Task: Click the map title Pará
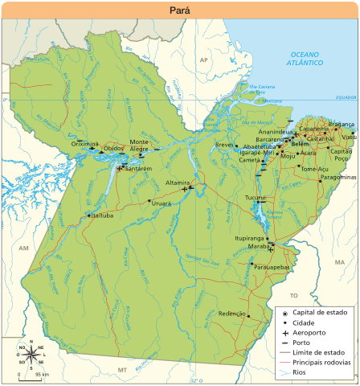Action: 180,9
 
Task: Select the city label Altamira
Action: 177,183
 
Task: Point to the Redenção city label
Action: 232,313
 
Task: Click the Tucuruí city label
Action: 255,197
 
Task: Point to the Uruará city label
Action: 162,204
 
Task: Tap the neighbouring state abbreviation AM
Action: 23,249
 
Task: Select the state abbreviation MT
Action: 123,347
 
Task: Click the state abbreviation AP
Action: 203,60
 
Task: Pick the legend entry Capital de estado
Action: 319,312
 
